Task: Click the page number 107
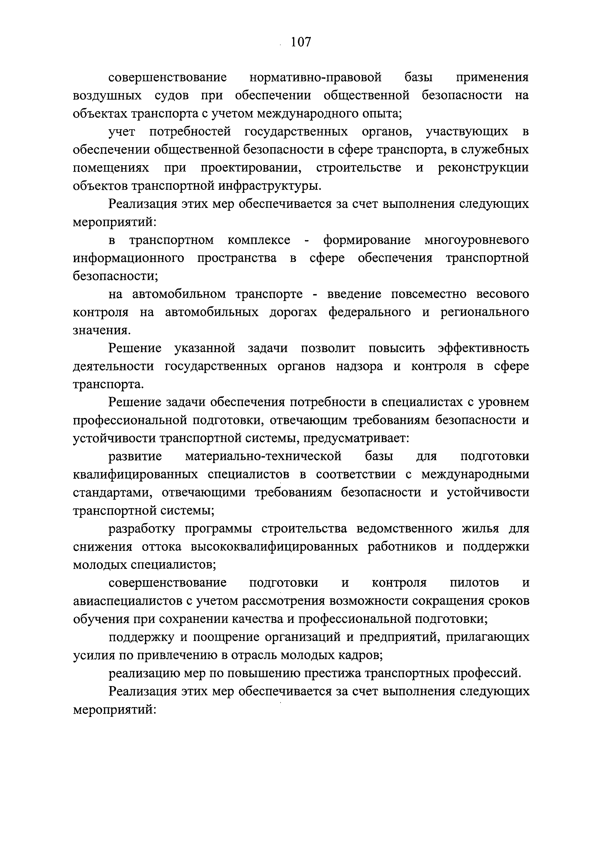[x=301, y=42]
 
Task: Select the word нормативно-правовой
[x=315, y=78]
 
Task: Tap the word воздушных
[x=107, y=96]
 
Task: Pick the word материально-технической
[x=263, y=457]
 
